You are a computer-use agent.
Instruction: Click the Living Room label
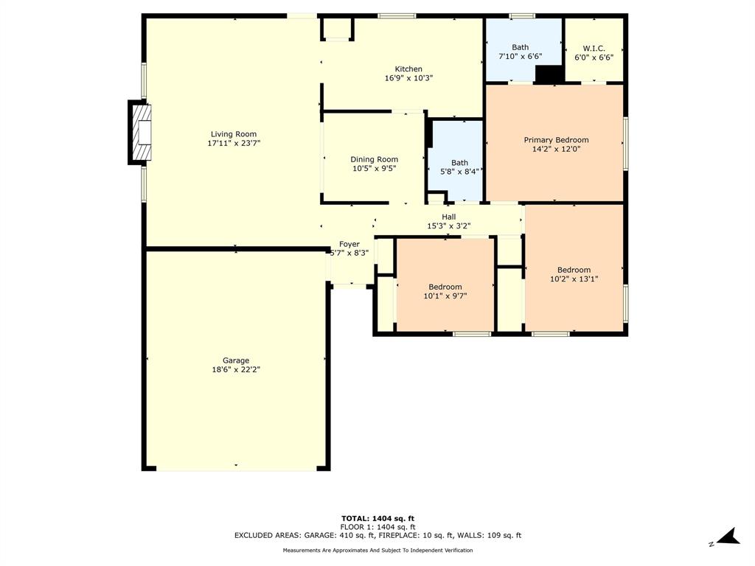[x=233, y=134]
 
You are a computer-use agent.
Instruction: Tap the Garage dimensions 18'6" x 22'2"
[x=236, y=370]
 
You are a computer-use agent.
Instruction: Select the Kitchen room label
[x=408, y=69]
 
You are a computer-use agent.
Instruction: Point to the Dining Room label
[x=374, y=159]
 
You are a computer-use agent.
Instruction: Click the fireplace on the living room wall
[x=139, y=133]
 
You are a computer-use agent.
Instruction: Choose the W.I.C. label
[x=594, y=48]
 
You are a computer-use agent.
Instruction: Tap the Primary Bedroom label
[x=556, y=140]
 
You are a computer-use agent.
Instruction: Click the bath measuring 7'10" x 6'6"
[x=520, y=52]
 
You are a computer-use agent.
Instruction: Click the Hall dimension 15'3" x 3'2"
[x=448, y=226]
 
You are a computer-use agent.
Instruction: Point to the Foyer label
[x=349, y=244]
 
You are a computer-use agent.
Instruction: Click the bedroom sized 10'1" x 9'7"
[x=445, y=291]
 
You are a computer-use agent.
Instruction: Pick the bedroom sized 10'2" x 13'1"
[x=574, y=274]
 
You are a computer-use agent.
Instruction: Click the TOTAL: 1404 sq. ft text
[x=377, y=518]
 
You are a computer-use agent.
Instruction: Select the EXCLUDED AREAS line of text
[x=377, y=536]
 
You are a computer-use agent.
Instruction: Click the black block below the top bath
[x=548, y=74]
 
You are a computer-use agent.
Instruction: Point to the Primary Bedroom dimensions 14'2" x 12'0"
[x=556, y=149]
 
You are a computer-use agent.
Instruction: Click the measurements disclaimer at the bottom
[x=377, y=551]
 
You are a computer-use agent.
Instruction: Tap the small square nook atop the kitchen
[x=338, y=29]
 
